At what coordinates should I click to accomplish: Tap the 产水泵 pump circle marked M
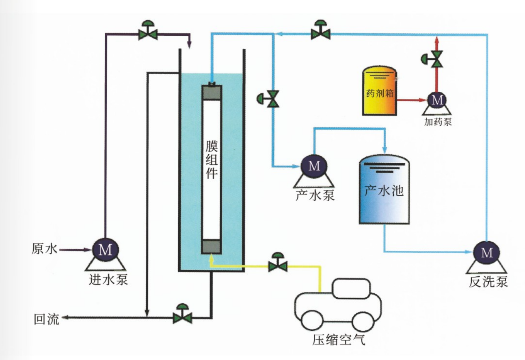pyautogui.click(x=314, y=165)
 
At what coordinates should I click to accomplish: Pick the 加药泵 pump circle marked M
pyautogui.click(x=437, y=99)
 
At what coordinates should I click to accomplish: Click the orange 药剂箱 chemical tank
pyautogui.click(x=379, y=92)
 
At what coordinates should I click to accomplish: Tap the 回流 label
pyautogui.click(x=47, y=320)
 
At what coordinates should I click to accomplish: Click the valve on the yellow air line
pyautogui.click(x=278, y=265)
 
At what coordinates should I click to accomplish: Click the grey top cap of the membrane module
pyautogui.click(x=211, y=92)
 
